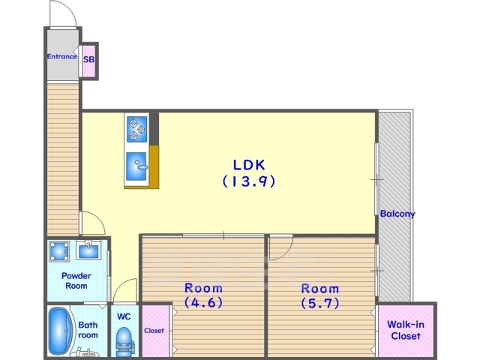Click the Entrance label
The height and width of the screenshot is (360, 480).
pos(61,57)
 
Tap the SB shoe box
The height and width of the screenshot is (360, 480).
pos(89,61)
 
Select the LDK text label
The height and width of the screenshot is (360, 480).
pos(249,165)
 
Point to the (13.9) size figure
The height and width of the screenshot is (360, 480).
pos(249,181)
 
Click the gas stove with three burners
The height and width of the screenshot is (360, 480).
pos(136,129)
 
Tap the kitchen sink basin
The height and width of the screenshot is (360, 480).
pos(136,166)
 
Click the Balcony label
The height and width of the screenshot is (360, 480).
pos(397,214)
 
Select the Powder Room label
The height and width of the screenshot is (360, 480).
pos(76,280)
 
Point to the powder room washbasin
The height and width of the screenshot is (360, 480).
pos(88,250)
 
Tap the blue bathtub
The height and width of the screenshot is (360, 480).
pos(61,331)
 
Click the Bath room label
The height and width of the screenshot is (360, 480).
pos(88,330)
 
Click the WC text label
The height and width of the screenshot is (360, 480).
pos(124,316)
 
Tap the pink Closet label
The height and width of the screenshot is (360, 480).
pos(154,331)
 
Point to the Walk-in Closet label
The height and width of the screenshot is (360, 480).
pos(406,330)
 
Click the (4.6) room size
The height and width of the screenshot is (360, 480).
pos(203,302)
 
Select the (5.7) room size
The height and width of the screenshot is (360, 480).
pos(320,303)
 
